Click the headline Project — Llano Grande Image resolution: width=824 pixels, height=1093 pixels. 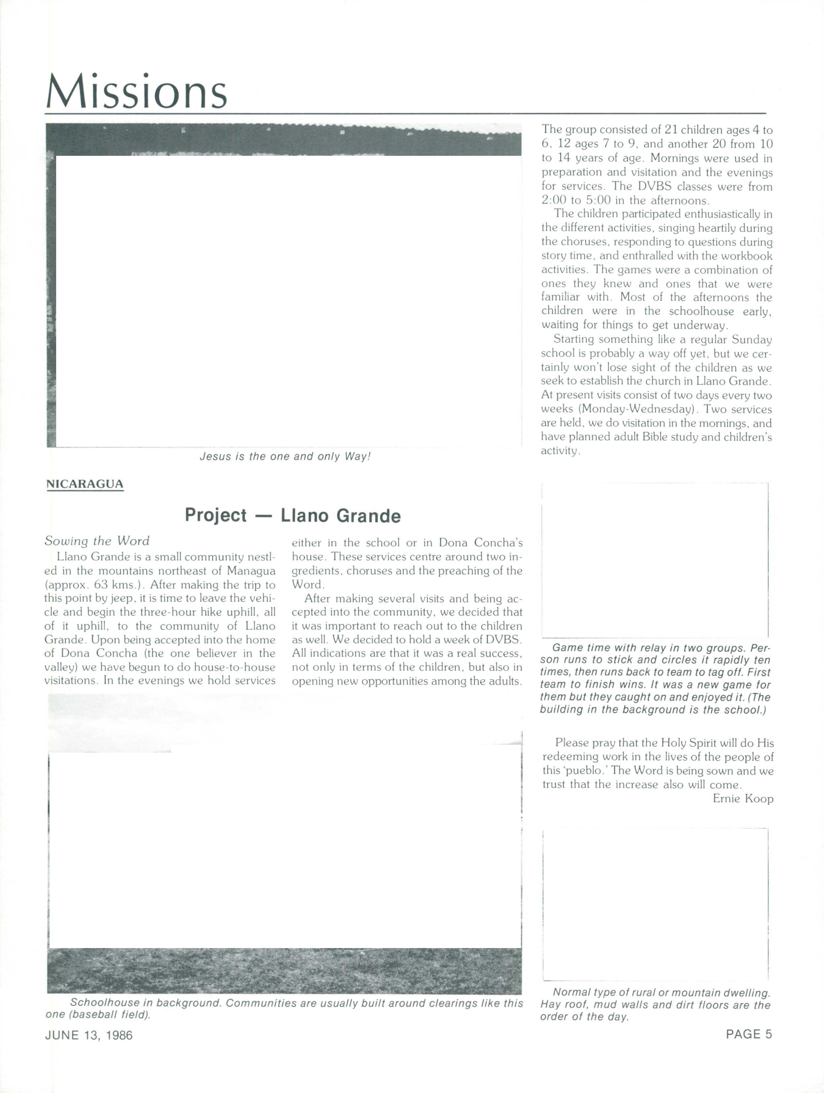[x=292, y=515]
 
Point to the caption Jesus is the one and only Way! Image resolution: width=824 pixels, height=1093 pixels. [x=285, y=457]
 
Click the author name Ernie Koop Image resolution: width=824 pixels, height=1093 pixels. [x=742, y=799]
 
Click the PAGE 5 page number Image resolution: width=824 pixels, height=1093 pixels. [x=748, y=1034]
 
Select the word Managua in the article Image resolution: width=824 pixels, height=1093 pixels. [x=251, y=571]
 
